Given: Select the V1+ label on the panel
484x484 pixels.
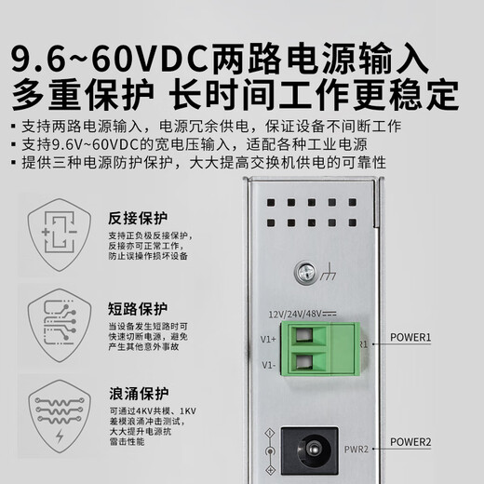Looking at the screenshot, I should [x=267, y=339].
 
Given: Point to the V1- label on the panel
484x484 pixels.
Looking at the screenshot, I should [x=267, y=366].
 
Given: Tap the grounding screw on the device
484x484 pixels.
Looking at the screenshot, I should [x=302, y=273].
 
